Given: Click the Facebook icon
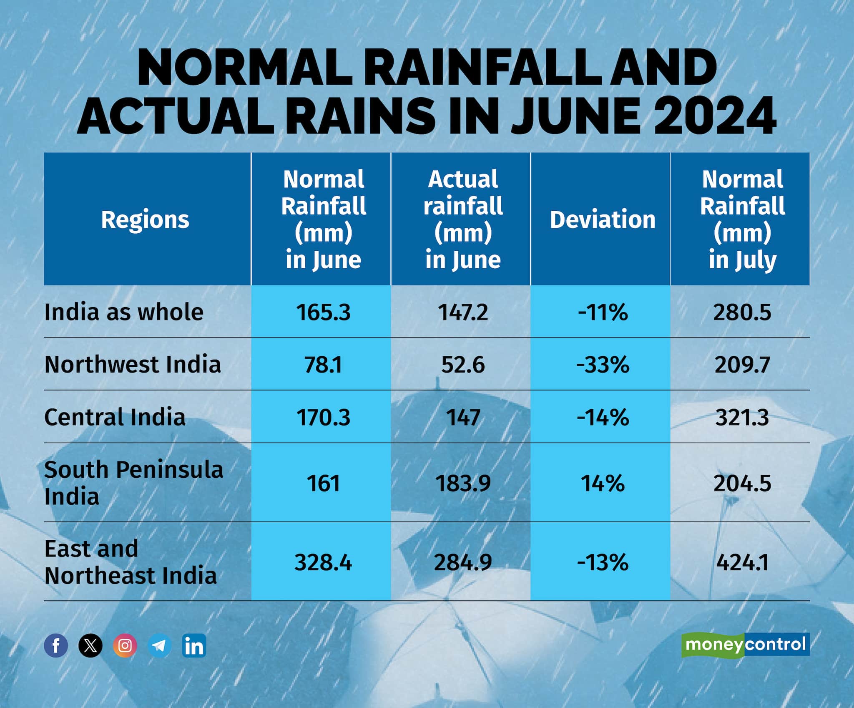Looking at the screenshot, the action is pyautogui.click(x=56, y=645).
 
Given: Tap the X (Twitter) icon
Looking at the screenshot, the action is pyautogui.click(x=90, y=645).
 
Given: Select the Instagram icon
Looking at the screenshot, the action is pyautogui.click(x=125, y=645).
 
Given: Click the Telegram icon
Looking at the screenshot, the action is pyautogui.click(x=159, y=645).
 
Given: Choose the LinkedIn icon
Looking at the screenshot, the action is pyautogui.click(x=194, y=645).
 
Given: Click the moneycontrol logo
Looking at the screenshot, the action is pyautogui.click(x=746, y=645).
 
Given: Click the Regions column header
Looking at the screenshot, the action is pyautogui.click(x=145, y=220).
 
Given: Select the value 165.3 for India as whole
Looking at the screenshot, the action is pyautogui.click(x=324, y=312).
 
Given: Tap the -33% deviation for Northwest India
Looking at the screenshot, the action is pyautogui.click(x=603, y=365).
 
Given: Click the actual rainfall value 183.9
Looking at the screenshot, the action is pyautogui.click(x=463, y=484).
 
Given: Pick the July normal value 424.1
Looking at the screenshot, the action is pyautogui.click(x=742, y=562).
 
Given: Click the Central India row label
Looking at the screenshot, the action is pyautogui.click(x=115, y=417).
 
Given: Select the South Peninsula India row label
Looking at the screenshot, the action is pyautogui.click(x=133, y=483).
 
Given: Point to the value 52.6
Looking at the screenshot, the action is pyautogui.click(x=463, y=365).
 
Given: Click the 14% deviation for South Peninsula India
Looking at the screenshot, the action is pyautogui.click(x=603, y=484).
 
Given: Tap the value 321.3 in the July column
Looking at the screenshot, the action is pyautogui.click(x=742, y=417).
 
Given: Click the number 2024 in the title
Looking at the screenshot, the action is pyautogui.click(x=714, y=115).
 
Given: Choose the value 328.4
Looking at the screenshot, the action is pyautogui.click(x=323, y=562).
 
